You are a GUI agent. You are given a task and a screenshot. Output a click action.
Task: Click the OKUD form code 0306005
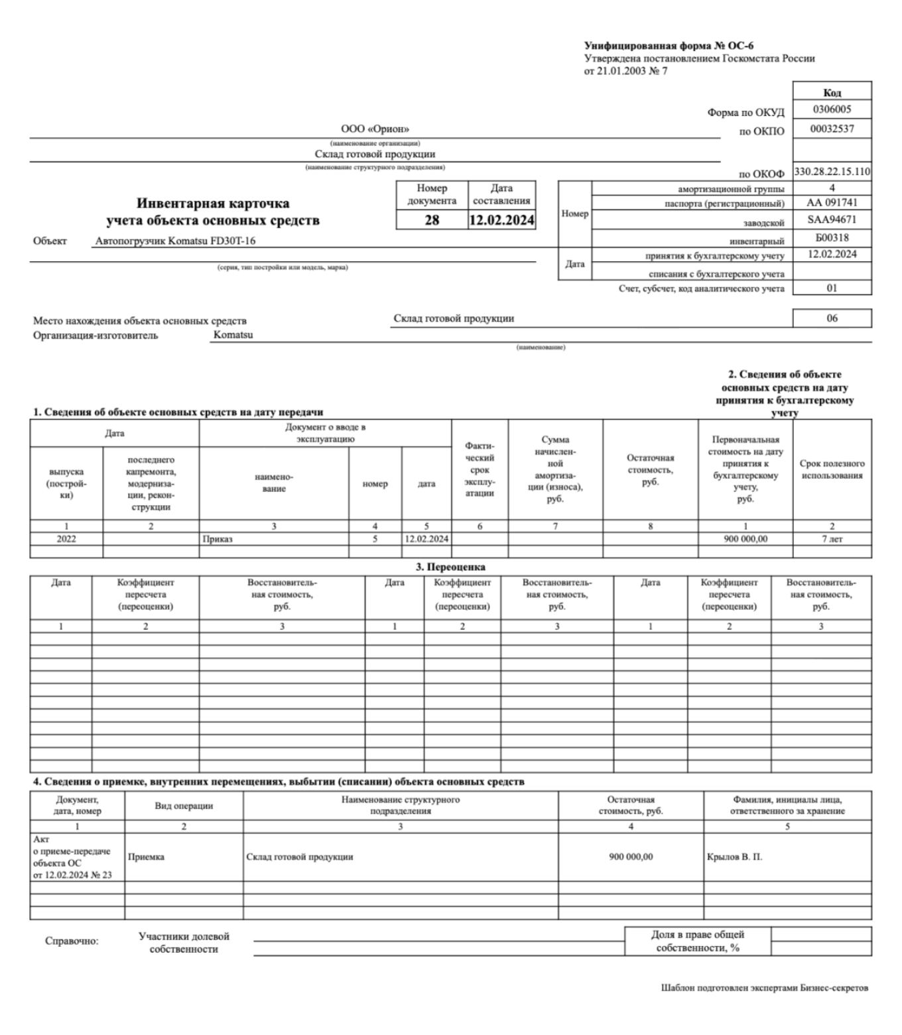[x=832, y=109]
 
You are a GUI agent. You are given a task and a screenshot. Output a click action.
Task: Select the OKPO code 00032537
[x=832, y=129]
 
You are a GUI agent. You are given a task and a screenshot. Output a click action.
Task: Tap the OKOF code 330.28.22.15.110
[x=832, y=172]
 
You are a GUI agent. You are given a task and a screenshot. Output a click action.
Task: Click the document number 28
[x=432, y=220]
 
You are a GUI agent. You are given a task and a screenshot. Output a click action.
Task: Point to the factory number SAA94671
[x=832, y=219]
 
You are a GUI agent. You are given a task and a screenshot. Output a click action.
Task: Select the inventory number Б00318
[x=832, y=237]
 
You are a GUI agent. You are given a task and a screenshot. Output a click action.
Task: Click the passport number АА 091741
[x=832, y=203]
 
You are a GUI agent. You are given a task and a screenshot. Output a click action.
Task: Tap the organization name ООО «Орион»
[x=375, y=129]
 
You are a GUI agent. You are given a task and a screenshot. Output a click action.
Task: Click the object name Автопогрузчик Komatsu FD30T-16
[x=175, y=241]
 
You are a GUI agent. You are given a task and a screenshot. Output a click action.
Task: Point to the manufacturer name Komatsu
[x=233, y=335]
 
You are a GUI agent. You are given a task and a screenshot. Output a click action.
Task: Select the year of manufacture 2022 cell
[x=66, y=539]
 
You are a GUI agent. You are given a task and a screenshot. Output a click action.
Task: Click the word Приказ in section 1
[x=218, y=539]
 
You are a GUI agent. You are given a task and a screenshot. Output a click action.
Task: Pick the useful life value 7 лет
[x=832, y=539]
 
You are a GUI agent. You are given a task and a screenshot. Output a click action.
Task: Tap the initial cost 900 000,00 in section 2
[x=745, y=539]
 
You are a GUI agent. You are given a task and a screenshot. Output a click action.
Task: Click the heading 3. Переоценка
[x=450, y=567]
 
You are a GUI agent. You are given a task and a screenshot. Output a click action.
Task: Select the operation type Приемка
[x=146, y=857]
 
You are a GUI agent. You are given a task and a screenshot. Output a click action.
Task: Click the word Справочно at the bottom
[x=72, y=941]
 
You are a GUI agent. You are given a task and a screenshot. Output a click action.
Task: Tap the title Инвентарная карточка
[x=213, y=204]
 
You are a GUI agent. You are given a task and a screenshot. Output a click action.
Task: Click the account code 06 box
[x=832, y=318]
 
